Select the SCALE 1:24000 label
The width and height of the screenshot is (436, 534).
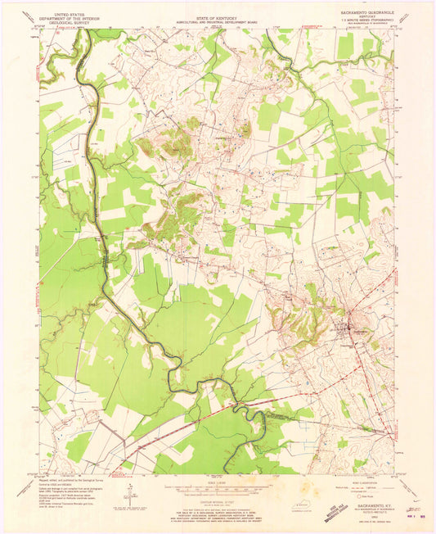pos(217,480)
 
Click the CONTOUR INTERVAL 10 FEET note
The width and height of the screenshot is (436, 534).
pos(217,496)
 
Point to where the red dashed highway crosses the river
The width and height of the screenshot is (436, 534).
pos(236,402)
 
